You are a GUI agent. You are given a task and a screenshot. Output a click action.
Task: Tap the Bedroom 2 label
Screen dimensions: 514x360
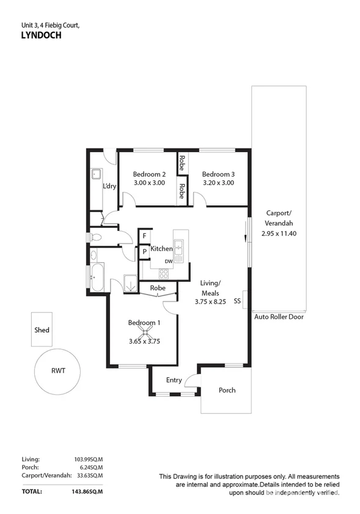150,174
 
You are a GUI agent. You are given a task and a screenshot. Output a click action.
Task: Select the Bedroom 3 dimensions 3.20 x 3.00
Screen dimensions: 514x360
218,182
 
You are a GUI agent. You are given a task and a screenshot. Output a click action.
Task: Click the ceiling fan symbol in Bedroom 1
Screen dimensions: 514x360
145,332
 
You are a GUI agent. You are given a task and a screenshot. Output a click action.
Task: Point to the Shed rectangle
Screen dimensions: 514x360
42,330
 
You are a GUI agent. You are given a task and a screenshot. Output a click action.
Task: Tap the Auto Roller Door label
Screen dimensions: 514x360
279,317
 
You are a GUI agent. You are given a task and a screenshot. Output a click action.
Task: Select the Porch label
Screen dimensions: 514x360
227,390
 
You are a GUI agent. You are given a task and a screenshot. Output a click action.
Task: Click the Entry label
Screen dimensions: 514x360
174,380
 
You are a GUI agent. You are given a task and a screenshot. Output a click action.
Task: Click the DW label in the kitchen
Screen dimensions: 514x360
168,261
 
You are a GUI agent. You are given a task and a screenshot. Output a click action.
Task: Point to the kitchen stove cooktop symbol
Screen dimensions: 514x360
165,273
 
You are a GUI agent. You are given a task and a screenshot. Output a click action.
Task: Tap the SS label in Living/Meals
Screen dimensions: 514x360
237,301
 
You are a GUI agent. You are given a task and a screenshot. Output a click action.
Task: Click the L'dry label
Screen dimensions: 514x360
110,186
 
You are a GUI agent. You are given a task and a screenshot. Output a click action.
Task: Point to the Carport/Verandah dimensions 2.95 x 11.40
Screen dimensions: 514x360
279,233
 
